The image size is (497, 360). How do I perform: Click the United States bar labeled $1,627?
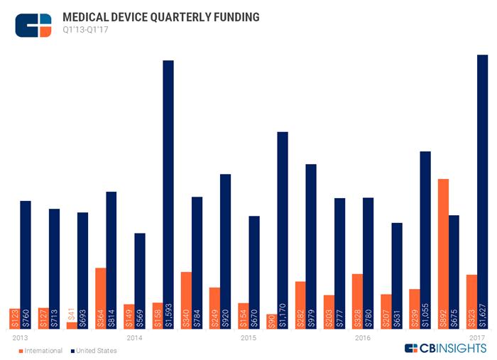[482, 192]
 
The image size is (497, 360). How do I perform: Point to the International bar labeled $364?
[101, 298]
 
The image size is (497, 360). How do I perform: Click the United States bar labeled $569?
[140, 280]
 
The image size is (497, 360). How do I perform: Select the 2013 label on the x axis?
[21, 337]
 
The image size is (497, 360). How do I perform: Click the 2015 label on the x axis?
[248, 337]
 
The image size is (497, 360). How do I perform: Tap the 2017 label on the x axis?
[476, 337]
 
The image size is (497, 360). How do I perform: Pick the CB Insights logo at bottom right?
[445, 348]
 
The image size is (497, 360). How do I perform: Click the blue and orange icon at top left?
[33, 25]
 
